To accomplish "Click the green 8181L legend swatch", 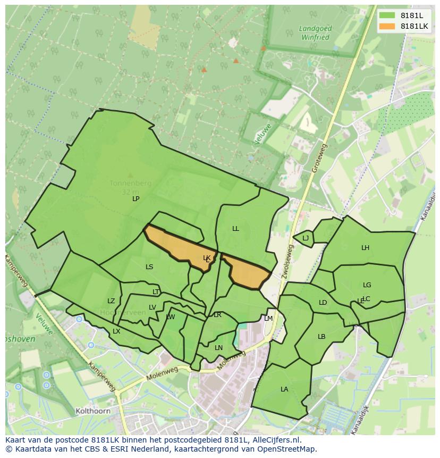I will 387,15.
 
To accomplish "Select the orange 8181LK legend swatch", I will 387,26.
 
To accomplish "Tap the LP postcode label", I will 136,199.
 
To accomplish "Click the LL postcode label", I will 235,229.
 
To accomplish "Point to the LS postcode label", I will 149,267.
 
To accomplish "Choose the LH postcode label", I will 365,248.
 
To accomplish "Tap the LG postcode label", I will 367,285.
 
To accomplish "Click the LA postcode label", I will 284,389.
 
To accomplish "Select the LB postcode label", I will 321,337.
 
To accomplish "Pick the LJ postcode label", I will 306,238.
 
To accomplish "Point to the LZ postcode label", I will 111,302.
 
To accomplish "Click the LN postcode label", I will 218,348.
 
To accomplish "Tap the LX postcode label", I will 116,331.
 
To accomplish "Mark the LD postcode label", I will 323,303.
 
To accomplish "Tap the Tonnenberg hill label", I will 130,184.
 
